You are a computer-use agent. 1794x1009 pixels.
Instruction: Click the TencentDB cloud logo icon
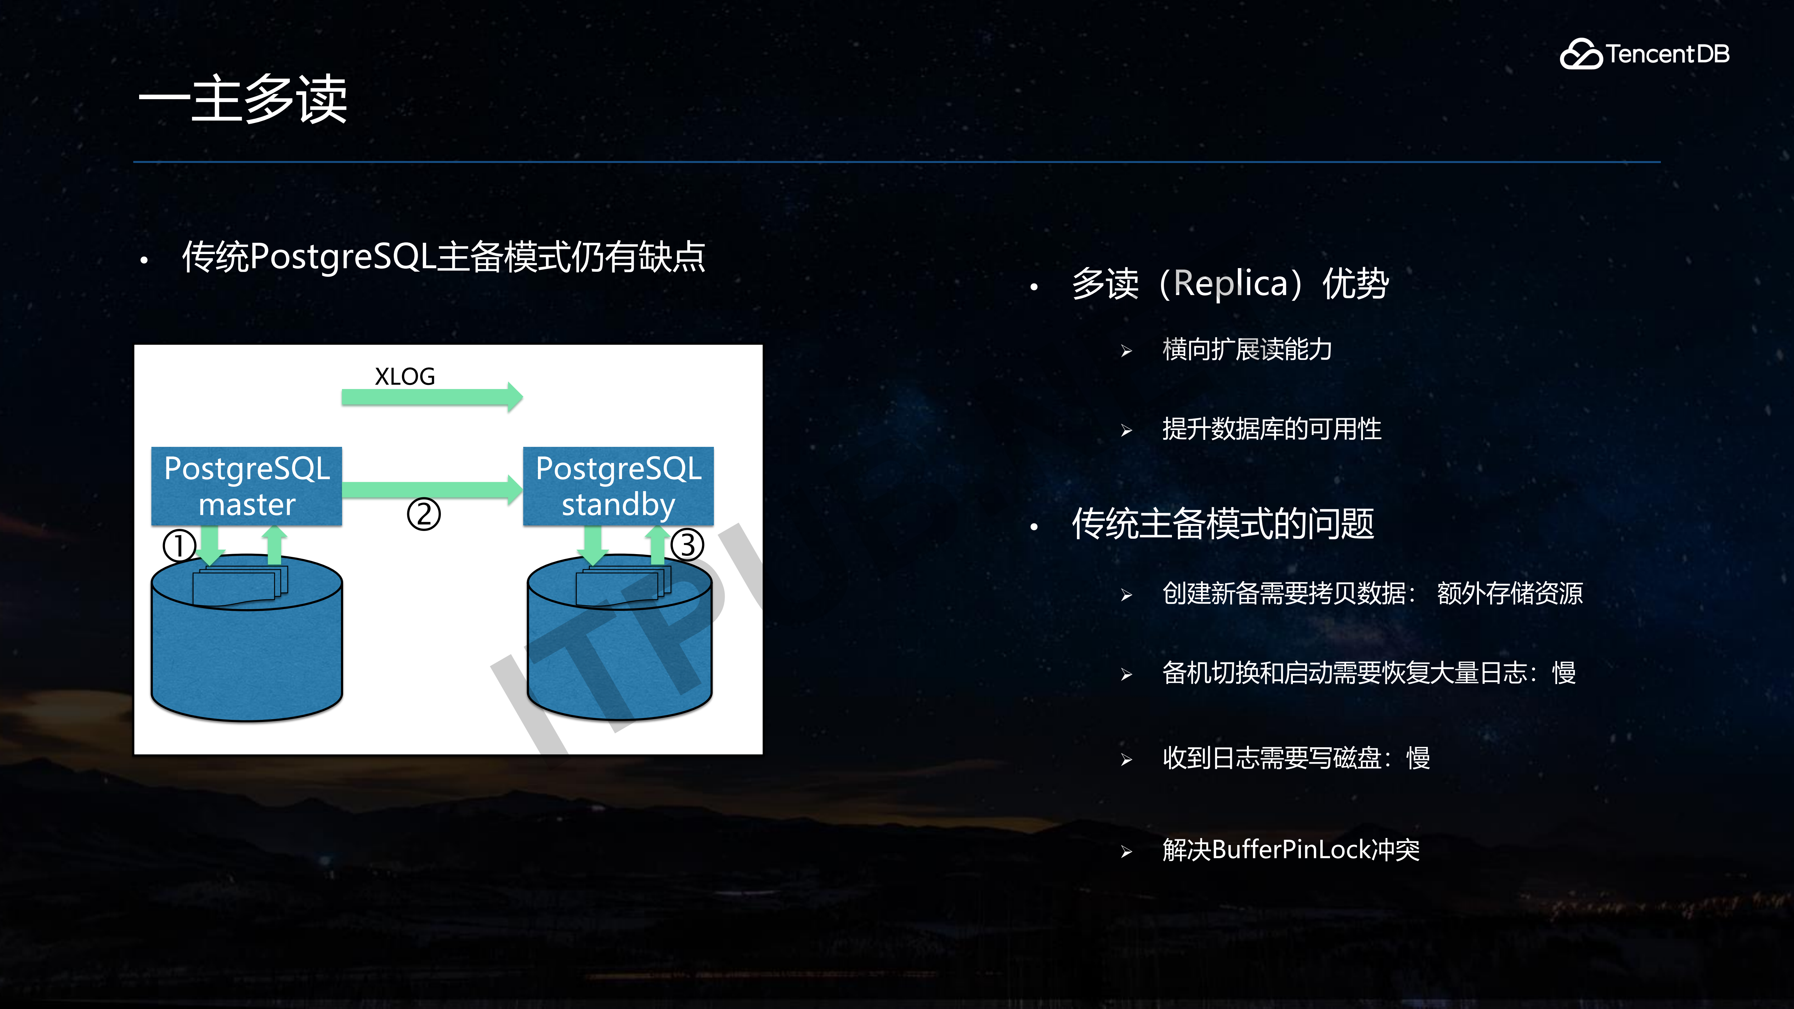(x=1580, y=54)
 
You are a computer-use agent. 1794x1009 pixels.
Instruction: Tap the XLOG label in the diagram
(x=405, y=377)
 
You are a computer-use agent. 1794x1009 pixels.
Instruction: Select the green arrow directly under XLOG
(x=432, y=398)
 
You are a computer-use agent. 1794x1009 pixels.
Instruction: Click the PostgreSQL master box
(x=246, y=486)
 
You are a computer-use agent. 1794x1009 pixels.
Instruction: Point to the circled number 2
(x=423, y=514)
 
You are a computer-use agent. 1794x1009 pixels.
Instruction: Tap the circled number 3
(x=687, y=545)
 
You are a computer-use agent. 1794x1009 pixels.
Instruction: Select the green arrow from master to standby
(x=432, y=490)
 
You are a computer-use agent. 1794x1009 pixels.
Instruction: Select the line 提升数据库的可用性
(x=1271, y=429)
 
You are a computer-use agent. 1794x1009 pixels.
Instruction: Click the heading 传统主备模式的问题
(x=1222, y=524)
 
